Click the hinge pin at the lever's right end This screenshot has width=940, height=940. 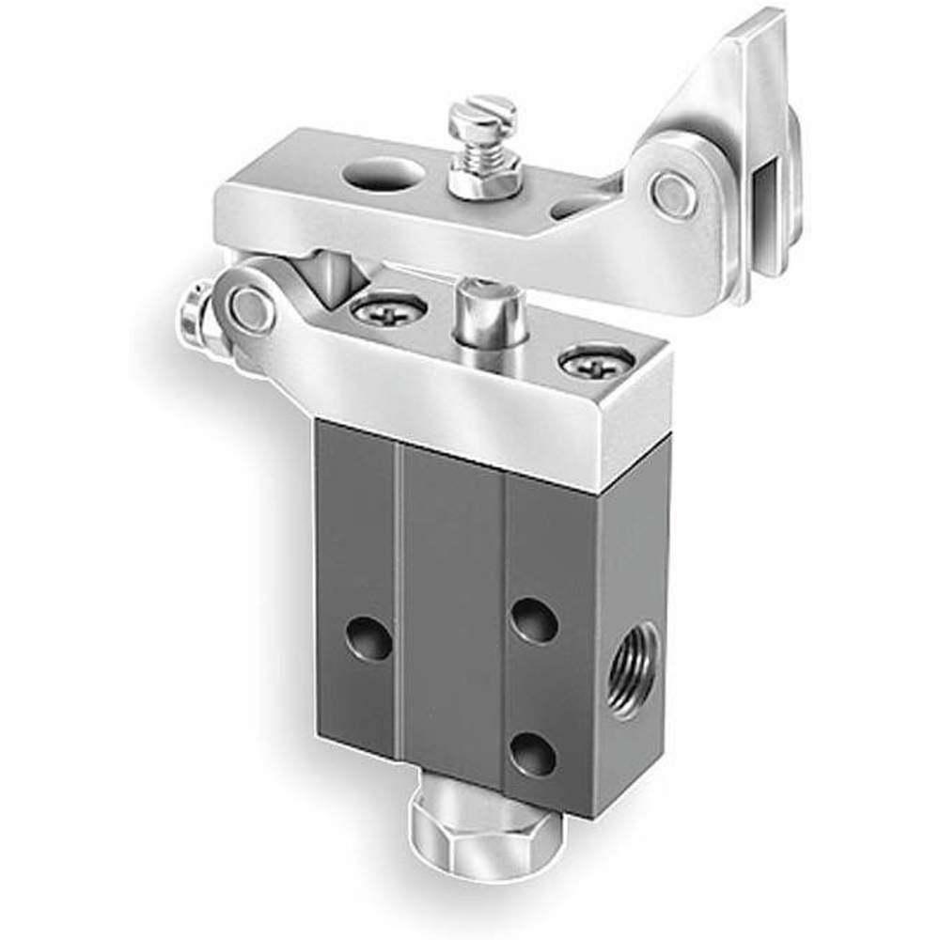pos(674,195)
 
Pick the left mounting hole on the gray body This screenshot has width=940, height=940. pos(368,638)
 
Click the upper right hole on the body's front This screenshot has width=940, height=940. pos(534,621)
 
